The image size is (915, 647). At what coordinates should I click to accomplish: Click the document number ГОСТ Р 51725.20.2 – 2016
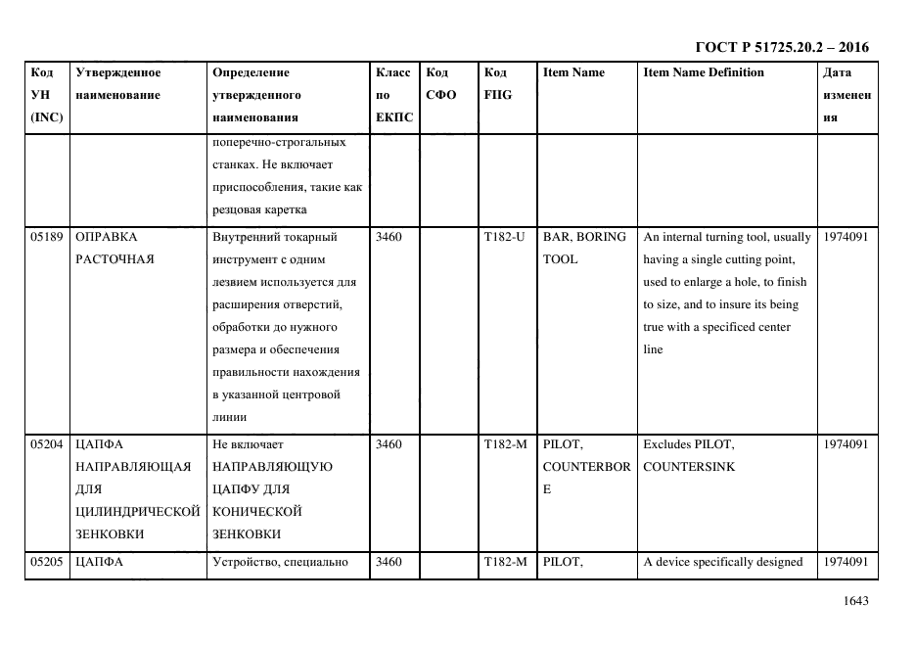click(x=781, y=47)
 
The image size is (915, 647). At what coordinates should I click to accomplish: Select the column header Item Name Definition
click(x=704, y=72)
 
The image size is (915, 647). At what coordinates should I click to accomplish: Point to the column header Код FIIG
click(x=497, y=83)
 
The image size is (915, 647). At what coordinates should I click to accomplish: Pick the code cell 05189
click(x=48, y=237)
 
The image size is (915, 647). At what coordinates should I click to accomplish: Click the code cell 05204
click(x=48, y=444)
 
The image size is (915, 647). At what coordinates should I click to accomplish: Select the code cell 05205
click(x=48, y=562)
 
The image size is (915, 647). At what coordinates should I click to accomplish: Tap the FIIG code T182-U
click(x=505, y=237)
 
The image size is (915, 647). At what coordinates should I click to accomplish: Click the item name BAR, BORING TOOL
click(x=584, y=248)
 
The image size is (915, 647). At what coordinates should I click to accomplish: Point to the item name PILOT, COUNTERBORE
click(x=586, y=466)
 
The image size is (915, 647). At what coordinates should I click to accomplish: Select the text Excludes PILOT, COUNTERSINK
click(x=689, y=455)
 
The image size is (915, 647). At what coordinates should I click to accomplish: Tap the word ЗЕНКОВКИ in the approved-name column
click(x=107, y=534)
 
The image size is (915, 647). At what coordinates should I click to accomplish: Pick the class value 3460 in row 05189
click(x=389, y=237)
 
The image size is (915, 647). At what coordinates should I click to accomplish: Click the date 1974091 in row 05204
click(x=845, y=444)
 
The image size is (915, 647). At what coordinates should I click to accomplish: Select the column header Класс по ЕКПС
click(x=393, y=95)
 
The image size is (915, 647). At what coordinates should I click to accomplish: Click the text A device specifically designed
click(x=723, y=562)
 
